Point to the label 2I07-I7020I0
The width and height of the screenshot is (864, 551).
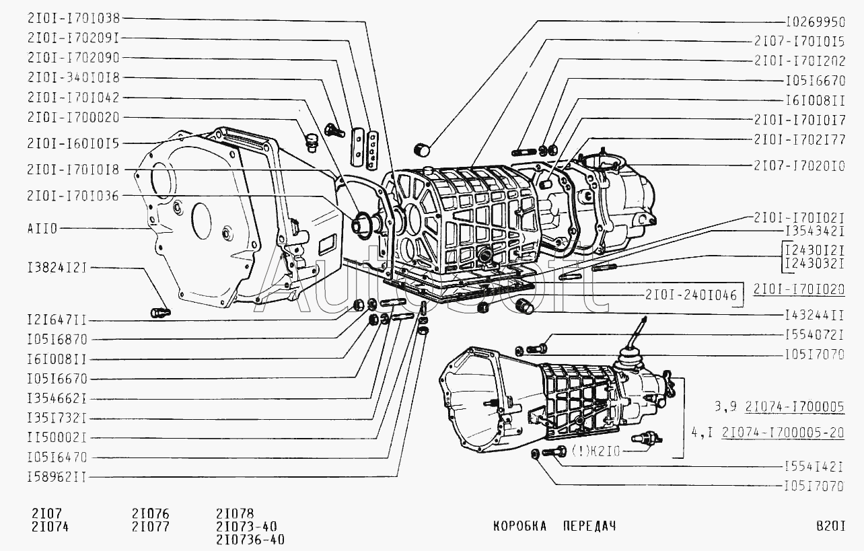(x=799, y=165)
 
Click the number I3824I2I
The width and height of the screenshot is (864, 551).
(x=57, y=268)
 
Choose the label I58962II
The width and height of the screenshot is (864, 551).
(x=57, y=477)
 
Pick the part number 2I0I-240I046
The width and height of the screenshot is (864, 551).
(x=690, y=295)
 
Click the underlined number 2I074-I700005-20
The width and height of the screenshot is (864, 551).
(x=783, y=433)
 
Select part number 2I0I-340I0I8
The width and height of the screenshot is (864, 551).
(x=73, y=77)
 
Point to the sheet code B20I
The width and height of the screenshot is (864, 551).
(x=830, y=525)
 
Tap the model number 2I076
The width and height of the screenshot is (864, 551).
(x=151, y=512)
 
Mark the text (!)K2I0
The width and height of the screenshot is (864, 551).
(x=595, y=451)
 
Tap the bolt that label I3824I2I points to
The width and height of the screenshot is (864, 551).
(x=161, y=312)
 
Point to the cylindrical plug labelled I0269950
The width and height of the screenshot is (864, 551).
(x=422, y=148)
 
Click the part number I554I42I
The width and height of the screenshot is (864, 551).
(x=814, y=466)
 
